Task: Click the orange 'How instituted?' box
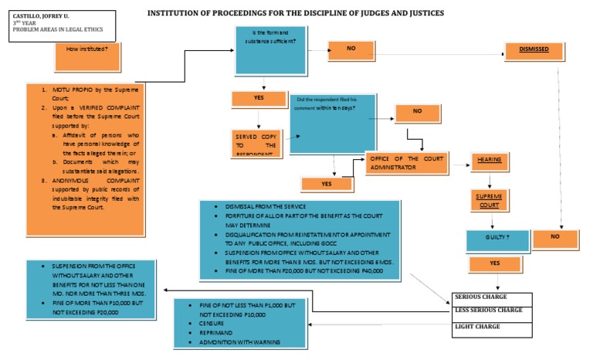click(87, 49)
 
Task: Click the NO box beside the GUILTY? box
click(555, 237)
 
